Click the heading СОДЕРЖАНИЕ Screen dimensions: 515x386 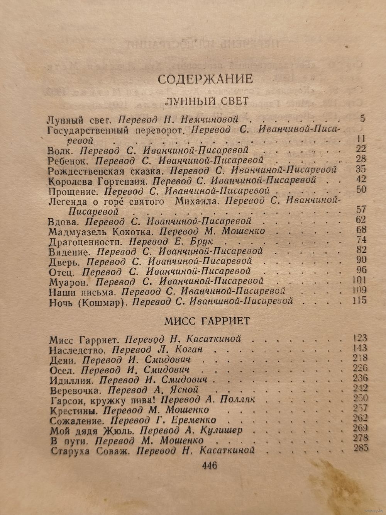205,79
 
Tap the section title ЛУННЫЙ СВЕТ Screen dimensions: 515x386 207,102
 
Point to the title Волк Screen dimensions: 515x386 56,150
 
